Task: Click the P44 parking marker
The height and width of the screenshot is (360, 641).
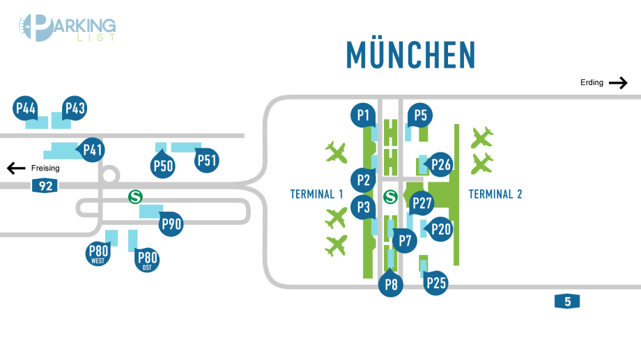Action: coord(26,109)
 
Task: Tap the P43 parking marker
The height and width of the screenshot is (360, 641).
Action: coord(74,109)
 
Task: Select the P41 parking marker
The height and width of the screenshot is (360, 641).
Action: coord(93,150)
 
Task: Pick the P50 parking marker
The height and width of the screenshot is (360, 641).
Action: coord(163,165)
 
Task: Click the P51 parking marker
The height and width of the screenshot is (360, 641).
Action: coord(207,161)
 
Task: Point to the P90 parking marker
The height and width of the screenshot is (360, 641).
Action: coord(171,224)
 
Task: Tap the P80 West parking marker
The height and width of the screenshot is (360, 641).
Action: coord(98,253)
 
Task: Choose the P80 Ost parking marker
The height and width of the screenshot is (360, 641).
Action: coord(147,260)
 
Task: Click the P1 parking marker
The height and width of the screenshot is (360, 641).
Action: coord(362,115)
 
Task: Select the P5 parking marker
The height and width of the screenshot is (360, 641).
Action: coord(420,115)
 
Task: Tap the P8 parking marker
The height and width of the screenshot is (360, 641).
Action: coord(391,284)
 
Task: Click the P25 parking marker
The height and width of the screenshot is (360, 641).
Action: coord(435,283)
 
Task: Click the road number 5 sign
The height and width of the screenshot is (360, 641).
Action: coord(567,302)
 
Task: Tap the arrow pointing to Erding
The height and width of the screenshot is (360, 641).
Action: coord(618,83)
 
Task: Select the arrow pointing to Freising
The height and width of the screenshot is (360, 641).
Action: coord(16,168)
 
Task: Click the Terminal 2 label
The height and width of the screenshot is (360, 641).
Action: coord(495,194)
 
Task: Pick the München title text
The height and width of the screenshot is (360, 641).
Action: coord(411,55)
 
